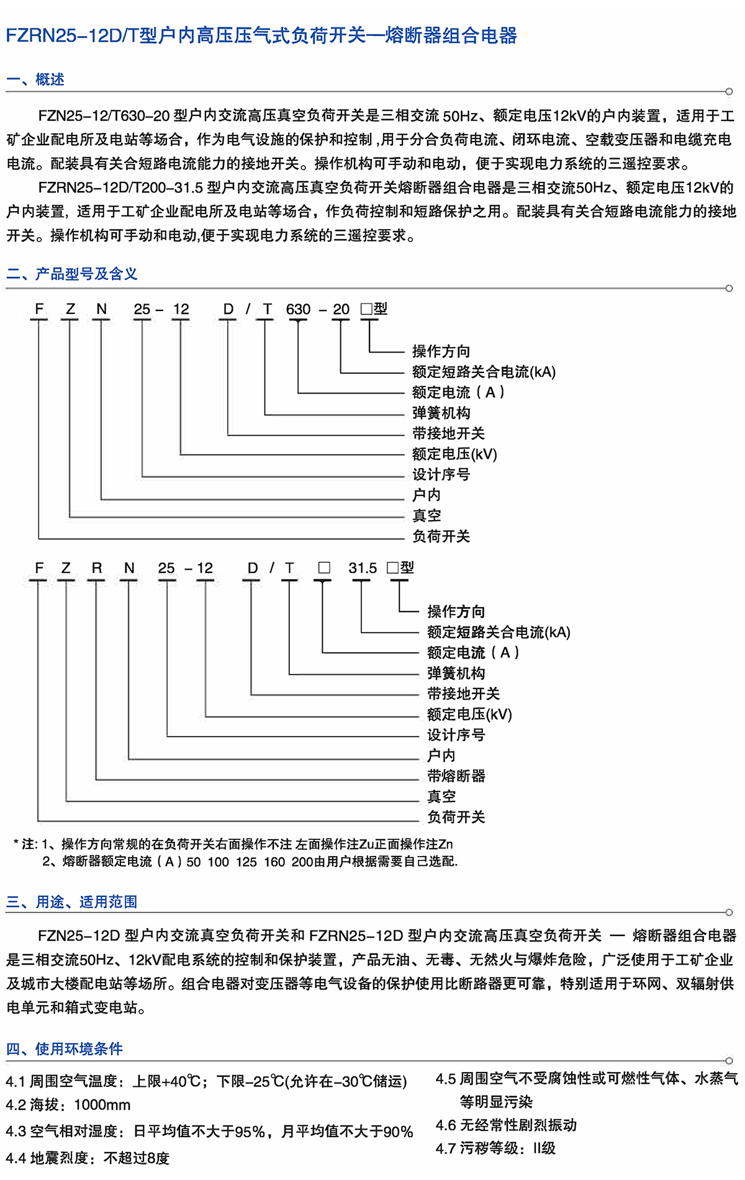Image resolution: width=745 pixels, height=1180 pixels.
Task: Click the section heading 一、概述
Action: pyautogui.click(x=35, y=79)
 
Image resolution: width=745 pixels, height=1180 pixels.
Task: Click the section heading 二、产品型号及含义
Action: pyautogui.click(x=71, y=274)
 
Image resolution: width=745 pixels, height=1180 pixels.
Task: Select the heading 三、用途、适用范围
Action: pyautogui.click(x=71, y=902)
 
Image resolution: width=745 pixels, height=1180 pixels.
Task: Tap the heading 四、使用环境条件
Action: pyautogui.click(x=64, y=1048)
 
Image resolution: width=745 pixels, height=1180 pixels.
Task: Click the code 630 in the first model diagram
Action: pyautogui.click(x=298, y=309)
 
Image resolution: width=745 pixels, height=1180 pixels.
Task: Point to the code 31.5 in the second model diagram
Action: pyautogui.click(x=363, y=568)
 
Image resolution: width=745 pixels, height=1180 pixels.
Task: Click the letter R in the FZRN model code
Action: pyautogui.click(x=96, y=568)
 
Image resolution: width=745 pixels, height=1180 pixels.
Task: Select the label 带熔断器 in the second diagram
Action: pyautogui.click(x=456, y=776)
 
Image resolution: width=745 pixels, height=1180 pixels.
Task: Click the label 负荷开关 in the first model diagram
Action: pyautogui.click(x=441, y=536)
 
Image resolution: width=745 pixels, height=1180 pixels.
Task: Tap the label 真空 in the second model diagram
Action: pyautogui.click(x=441, y=796)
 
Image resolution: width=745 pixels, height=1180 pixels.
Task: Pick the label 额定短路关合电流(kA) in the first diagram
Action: pyautogui.click(x=484, y=372)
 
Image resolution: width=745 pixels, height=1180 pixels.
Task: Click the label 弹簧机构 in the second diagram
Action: pyautogui.click(x=456, y=673)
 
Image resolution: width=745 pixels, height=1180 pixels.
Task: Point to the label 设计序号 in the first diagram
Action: pyautogui.click(x=441, y=475)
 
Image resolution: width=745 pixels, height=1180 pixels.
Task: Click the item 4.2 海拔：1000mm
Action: pyautogui.click(x=68, y=1105)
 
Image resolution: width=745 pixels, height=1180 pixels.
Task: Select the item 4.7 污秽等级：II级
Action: pyautogui.click(x=495, y=1148)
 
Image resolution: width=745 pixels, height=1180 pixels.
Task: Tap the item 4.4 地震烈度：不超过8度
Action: pyautogui.click(x=88, y=1158)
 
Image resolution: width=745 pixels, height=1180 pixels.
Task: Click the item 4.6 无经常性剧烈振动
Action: pyautogui.click(x=506, y=1125)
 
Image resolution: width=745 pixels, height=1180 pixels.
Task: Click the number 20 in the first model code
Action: pyautogui.click(x=341, y=309)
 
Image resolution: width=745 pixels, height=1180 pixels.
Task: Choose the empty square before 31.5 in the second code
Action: pyautogui.click(x=324, y=568)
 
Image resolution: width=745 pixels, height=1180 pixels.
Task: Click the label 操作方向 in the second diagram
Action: pyautogui.click(x=456, y=612)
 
